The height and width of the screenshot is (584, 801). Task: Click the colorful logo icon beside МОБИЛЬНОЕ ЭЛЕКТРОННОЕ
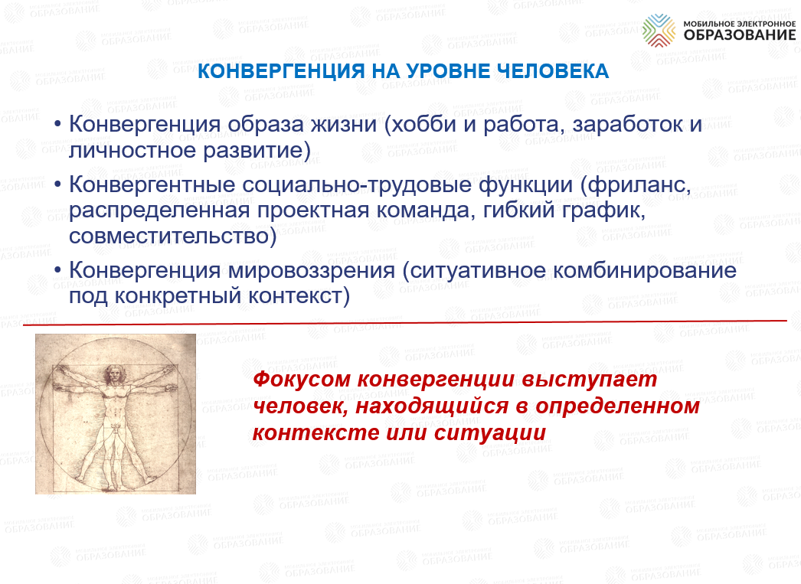click(659, 30)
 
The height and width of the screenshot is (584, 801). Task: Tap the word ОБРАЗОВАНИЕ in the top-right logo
click(740, 34)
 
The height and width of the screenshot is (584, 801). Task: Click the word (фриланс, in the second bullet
click(635, 184)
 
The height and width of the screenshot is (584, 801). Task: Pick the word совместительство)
click(172, 235)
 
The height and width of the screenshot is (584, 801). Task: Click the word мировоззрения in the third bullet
click(312, 270)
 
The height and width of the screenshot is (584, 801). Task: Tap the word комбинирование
click(645, 269)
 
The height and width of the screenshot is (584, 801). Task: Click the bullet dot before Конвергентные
click(57, 184)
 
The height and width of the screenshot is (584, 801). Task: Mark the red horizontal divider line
click(405, 322)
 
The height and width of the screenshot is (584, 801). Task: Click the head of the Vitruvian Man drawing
click(112, 374)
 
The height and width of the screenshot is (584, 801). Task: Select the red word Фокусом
click(302, 380)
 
